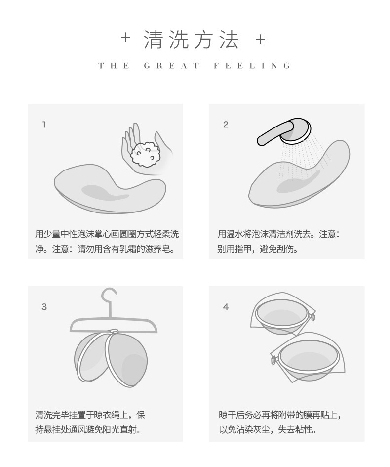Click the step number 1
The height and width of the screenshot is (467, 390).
click(44, 125)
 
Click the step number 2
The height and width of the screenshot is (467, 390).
click(226, 125)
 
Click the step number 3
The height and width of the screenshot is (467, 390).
click(44, 307)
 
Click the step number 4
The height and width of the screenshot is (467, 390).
click(226, 307)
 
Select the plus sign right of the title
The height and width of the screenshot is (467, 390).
click(261, 39)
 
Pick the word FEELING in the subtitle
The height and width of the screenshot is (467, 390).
click(252, 66)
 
